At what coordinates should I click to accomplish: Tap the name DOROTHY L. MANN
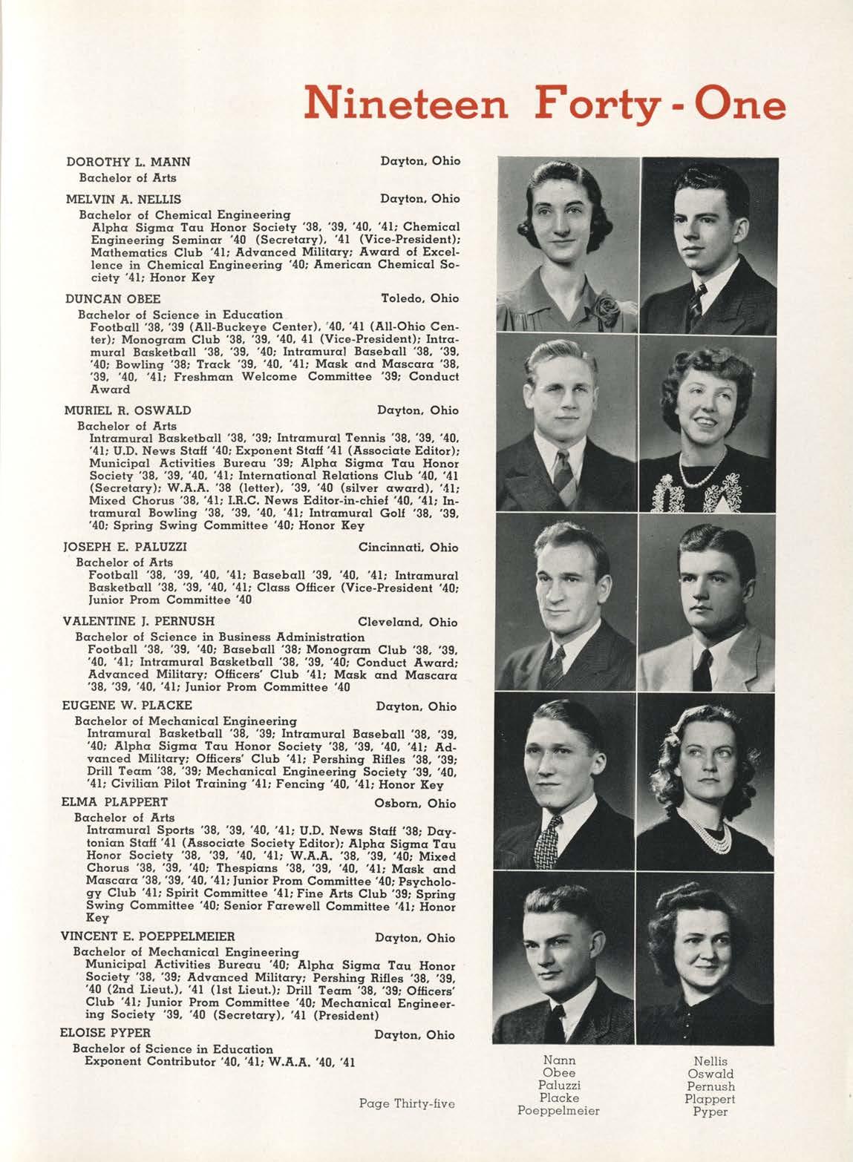(128, 162)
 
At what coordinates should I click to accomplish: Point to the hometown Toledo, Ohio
(420, 298)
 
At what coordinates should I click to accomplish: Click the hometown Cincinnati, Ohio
(408, 548)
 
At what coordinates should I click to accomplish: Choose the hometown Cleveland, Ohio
(408, 623)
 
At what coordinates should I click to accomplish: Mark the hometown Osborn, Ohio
(416, 804)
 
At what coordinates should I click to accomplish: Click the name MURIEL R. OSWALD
(128, 410)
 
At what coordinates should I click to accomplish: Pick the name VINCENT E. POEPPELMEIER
(148, 936)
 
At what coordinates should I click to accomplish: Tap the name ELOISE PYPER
(105, 1033)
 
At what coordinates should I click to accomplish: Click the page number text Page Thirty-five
(407, 1104)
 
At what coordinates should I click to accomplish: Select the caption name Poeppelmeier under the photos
(558, 1111)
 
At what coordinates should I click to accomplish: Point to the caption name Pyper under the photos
(710, 1112)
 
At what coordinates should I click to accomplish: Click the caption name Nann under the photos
(559, 1061)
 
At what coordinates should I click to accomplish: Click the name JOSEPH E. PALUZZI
(125, 547)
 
